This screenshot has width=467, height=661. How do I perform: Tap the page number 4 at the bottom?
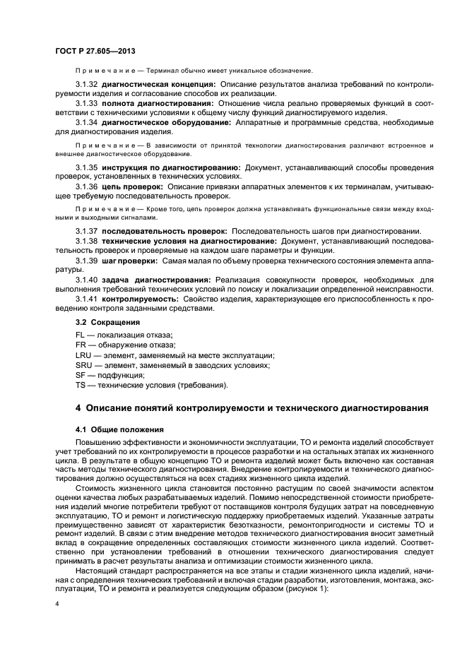pos(57,605)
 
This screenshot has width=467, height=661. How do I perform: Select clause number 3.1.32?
pos(86,84)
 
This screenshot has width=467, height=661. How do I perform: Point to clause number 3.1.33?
pos(86,103)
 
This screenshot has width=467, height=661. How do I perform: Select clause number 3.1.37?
pos(86,231)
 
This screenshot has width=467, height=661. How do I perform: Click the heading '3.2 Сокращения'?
pos(107,321)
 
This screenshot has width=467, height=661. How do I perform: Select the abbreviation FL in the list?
pos(79,334)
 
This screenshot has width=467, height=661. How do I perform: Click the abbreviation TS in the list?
pos(79,385)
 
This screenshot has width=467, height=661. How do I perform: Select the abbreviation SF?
pos(80,375)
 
